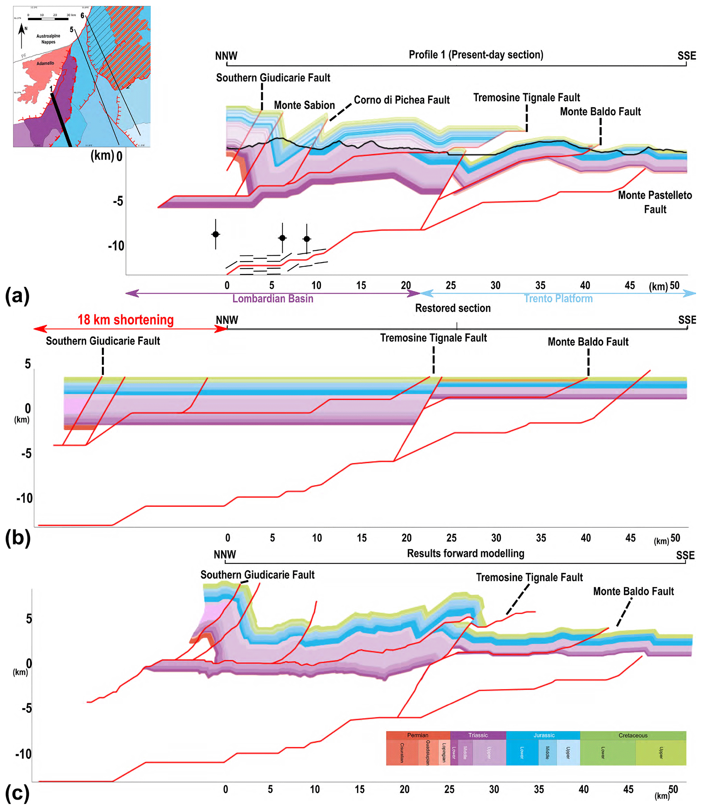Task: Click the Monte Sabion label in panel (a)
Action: [304, 105]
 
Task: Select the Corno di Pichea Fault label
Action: [401, 100]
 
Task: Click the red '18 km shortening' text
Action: [125, 320]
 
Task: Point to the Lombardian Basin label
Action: [273, 299]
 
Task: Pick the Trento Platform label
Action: [558, 299]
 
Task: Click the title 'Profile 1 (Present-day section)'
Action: [475, 55]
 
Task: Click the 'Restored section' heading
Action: [453, 308]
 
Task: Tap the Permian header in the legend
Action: [418, 735]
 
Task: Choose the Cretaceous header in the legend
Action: [633, 735]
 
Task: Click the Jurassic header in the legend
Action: [544, 735]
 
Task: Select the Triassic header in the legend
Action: [478, 735]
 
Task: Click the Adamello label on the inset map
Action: [46, 63]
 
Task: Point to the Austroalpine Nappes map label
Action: [48, 39]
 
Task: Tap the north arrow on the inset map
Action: [21, 34]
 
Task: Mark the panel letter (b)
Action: [18, 538]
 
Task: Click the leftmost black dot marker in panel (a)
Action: [215, 234]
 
